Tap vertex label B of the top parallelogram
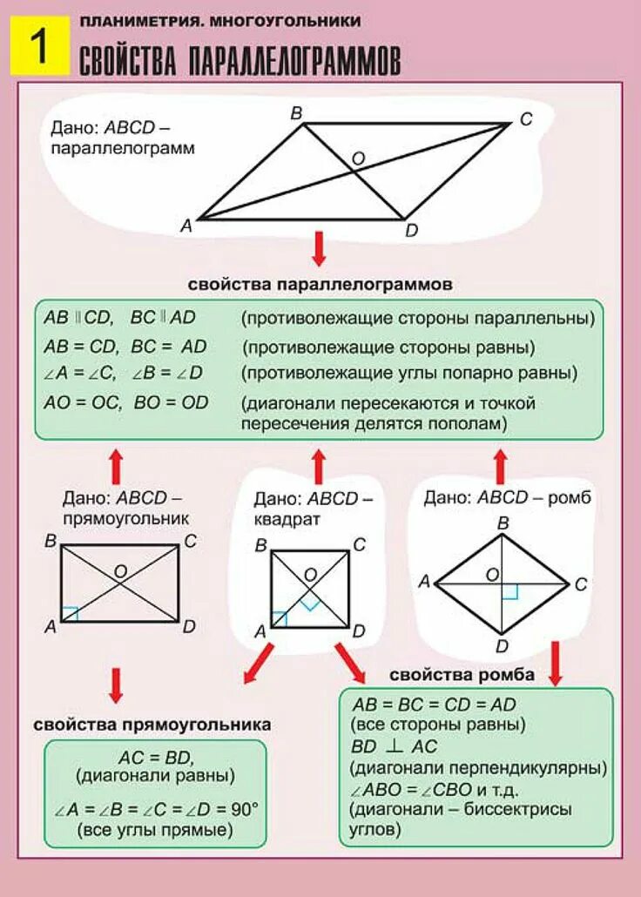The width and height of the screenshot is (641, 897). click(296, 112)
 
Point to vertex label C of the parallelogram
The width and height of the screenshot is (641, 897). click(526, 120)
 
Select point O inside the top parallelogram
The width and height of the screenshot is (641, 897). click(358, 158)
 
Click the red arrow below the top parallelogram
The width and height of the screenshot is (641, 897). click(319, 248)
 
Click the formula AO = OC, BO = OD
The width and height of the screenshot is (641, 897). click(126, 403)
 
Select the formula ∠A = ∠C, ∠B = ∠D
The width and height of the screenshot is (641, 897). click(123, 374)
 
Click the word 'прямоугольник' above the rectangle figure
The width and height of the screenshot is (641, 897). click(125, 518)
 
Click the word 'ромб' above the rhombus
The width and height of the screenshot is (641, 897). click(570, 498)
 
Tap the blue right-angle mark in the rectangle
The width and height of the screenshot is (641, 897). click(70, 614)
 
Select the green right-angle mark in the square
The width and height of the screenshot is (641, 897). click(309, 603)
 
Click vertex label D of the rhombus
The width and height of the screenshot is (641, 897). click(502, 645)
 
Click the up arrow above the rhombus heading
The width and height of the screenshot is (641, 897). click(500, 467)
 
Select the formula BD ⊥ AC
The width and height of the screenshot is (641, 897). click(395, 746)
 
